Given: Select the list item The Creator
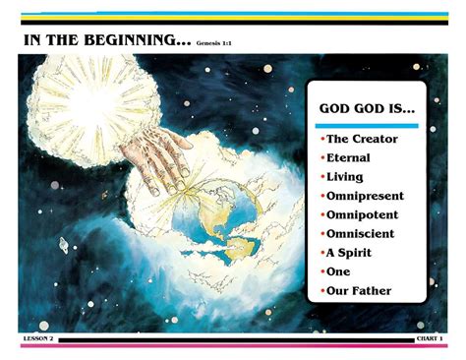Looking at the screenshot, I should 360,140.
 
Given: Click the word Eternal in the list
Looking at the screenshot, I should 348,158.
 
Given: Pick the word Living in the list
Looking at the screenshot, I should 345,177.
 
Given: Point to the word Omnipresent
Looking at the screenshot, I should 366,196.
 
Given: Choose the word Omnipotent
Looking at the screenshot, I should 363,214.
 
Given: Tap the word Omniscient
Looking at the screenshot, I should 361,234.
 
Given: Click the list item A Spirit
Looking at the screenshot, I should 351,253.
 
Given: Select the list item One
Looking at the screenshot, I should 339,271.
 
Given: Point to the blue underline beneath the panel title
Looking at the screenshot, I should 366,125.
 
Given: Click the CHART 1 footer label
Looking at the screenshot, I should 430,338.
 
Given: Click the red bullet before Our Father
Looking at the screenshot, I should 321,291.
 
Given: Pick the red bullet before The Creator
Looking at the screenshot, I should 321,140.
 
